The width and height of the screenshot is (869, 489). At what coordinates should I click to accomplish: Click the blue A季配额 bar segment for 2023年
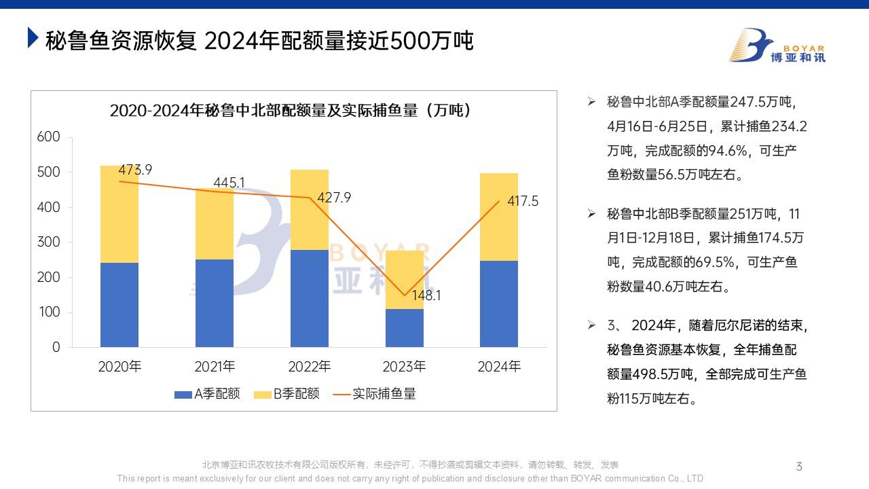click(x=404, y=328)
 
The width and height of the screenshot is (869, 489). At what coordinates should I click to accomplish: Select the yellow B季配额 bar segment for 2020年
click(x=119, y=214)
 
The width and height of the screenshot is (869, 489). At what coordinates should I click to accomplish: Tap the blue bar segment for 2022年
click(x=309, y=298)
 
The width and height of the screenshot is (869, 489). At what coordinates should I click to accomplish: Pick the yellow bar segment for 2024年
click(x=498, y=217)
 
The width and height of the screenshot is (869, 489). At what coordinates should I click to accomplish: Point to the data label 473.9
click(x=135, y=170)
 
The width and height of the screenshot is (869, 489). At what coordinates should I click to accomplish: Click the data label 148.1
click(x=426, y=296)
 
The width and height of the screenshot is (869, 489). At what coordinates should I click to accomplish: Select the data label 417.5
click(x=523, y=202)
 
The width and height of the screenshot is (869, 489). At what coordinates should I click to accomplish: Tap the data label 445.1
click(x=229, y=182)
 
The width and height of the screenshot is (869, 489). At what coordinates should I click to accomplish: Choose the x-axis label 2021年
click(x=215, y=367)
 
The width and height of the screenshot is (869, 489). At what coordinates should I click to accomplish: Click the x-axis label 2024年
click(x=499, y=367)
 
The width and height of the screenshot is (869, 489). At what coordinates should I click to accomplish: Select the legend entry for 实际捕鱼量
click(x=376, y=394)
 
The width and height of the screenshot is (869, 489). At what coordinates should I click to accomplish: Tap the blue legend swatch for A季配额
click(x=183, y=395)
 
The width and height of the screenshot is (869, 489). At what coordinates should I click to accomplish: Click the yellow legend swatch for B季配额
click(x=262, y=395)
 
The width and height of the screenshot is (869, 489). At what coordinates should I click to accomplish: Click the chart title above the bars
click(x=290, y=110)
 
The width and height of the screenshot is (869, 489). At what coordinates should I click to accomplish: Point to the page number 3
click(x=799, y=466)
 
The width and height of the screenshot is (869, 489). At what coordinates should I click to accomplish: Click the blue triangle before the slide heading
click(x=32, y=38)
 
